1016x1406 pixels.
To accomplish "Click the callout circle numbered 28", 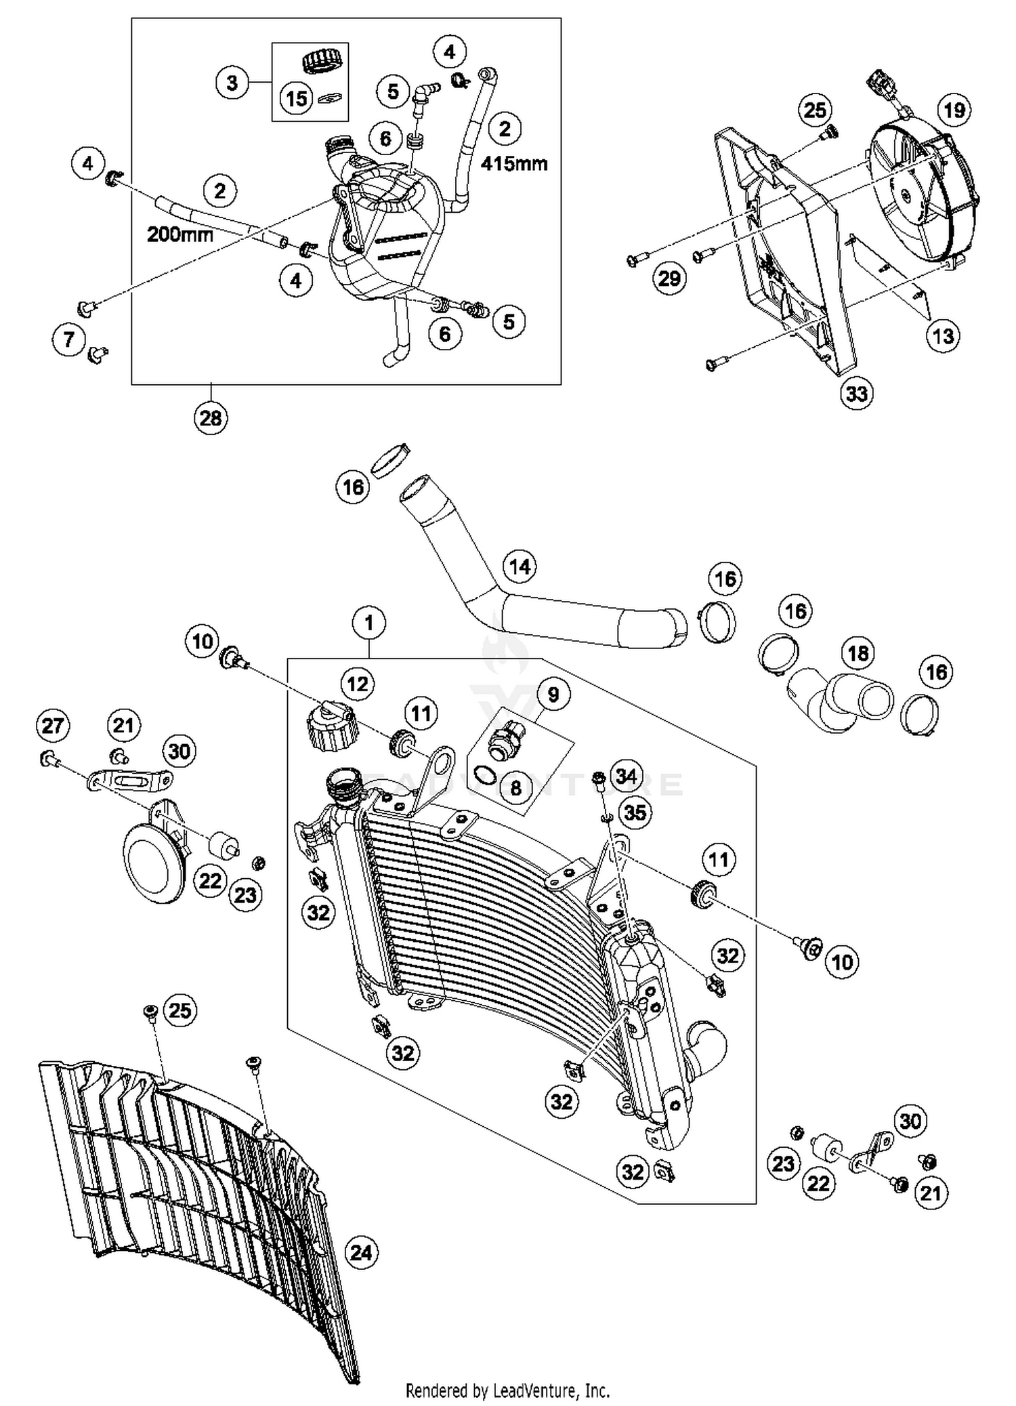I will click(210, 417).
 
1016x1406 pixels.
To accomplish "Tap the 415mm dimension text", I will click(514, 164).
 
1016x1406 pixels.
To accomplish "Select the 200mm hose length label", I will click(179, 234).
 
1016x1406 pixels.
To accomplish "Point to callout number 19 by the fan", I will click(954, 110).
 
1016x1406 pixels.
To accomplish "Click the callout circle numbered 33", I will click(857, 393).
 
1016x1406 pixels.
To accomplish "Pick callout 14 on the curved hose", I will click(520, 566).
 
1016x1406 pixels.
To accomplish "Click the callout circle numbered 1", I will click(369, 622).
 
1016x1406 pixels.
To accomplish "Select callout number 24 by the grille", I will click(361, 1252).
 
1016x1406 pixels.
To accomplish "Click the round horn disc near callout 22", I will click(151, 865).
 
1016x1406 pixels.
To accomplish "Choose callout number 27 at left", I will click(53, 726).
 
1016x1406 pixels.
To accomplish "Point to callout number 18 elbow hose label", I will click(858, 653).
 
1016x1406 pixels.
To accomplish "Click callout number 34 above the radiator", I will click(627, 777).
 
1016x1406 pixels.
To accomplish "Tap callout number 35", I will click(635, 812).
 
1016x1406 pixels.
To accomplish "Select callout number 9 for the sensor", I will click(553, 694).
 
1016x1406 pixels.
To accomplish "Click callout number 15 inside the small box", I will click(297, 99).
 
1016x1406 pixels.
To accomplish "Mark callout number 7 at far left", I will click(69, 339).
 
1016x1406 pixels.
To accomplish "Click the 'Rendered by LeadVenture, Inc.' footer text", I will click(507, 1391).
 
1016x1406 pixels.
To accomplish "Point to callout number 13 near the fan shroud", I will click(943, 335).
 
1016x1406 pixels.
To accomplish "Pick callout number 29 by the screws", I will click(669, 278).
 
